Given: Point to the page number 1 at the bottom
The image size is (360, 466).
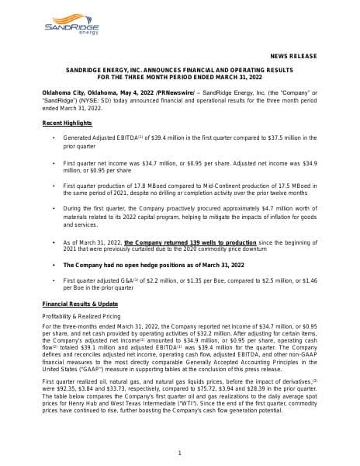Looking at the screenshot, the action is pyautogui.click(x=180, y=453).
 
